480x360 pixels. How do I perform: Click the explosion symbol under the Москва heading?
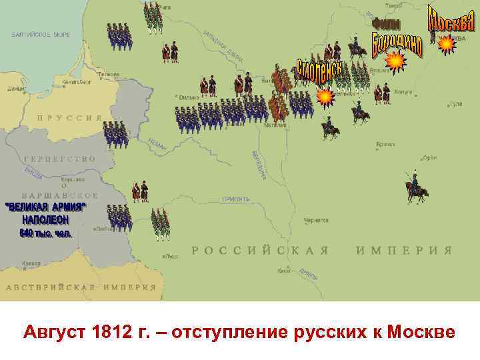click(446, 44)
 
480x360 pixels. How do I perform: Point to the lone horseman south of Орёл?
click(416, 188)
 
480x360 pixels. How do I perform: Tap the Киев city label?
click(283, 271)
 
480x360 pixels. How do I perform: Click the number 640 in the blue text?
click(27, 233)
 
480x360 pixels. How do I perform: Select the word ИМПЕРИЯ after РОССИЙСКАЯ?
click(403, 251)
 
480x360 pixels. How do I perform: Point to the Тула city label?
click(456, 103)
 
